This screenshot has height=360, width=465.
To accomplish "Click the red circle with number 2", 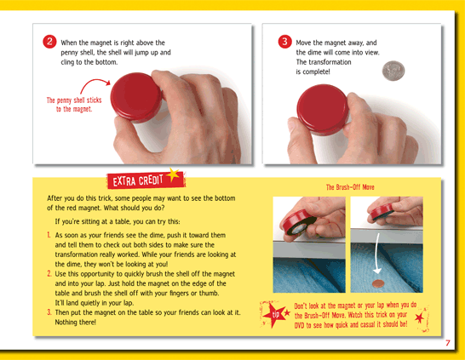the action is [49, 42].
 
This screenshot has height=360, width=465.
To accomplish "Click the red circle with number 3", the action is [284, 42].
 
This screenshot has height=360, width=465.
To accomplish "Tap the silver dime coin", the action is [393, 71].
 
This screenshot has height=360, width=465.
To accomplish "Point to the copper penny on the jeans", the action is [378, 283].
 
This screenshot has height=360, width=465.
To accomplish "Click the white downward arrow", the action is [376, 254].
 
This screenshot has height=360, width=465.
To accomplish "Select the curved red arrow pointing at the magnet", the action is [94, 84].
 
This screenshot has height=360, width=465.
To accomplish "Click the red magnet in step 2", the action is [136, 97].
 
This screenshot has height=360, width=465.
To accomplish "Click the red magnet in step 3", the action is [323, 110].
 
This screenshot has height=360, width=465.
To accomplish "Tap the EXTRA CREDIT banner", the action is [146, 180].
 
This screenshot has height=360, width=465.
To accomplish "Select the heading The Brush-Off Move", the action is [350, 187].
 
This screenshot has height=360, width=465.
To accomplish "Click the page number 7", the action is [448, 343].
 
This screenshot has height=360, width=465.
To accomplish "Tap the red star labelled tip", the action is [274, 315].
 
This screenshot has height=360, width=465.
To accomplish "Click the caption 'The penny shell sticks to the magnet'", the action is [74, 105].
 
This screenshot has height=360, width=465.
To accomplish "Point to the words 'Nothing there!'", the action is [75, 322].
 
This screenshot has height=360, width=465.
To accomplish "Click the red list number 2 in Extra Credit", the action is [49, 273].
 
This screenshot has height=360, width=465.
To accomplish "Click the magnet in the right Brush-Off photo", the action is [382, 211].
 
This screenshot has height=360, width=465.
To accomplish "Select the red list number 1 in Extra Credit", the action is [49, 235].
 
